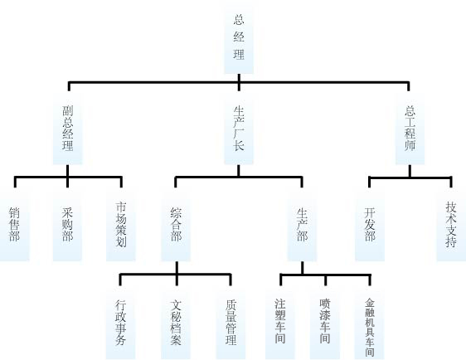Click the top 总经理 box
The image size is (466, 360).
click(x=239, y=41)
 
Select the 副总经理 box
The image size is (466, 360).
click(x=67, y=128)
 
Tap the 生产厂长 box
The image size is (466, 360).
click(x=239, y=128)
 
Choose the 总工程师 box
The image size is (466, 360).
click(x=410, y=128)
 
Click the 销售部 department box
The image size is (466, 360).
click(x=15, y=225)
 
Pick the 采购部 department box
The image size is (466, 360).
click(x=67, y=225)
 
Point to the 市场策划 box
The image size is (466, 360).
click(x=121, y=225)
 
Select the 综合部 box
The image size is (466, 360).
click(x=176, y=225)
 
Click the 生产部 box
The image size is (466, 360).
click(x=302, y=225)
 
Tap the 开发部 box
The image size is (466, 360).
click(x=370, y=225)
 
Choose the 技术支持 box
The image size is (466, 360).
click(x=451, y=225)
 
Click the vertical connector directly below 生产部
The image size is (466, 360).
click(x=303, y=268)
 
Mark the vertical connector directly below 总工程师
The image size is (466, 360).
click(x=410, y=171)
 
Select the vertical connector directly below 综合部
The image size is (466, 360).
click(x=177, y=268)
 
